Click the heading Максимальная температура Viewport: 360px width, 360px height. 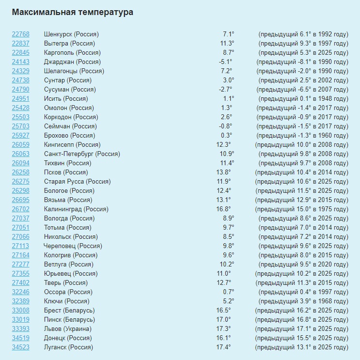coord(72,12)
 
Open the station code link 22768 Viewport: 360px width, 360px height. coord(20,34)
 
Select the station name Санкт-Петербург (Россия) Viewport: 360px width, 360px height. coord(82,154)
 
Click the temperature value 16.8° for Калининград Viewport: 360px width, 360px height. coord(223,209)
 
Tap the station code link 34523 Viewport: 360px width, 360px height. coord(20,347)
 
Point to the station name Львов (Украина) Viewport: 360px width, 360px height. coord(68,329)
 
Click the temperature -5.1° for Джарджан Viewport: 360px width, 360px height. coord(225,62)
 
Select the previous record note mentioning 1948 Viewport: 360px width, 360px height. coord(302,99)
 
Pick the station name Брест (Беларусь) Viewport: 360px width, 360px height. coord(69,311)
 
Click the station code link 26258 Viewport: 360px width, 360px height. coord(20,172)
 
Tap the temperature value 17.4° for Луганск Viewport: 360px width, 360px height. coord(223,347)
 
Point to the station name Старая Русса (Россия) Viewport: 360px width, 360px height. coord(77,182)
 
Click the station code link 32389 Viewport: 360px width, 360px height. coord(20,301)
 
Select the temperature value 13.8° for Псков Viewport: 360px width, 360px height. coord(223,172)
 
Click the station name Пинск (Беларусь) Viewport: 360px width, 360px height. coord(69,320)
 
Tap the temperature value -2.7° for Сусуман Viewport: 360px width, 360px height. coord(225,90)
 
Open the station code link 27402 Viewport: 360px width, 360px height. coord(20,283)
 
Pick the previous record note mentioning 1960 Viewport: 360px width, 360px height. coord(302,136)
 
